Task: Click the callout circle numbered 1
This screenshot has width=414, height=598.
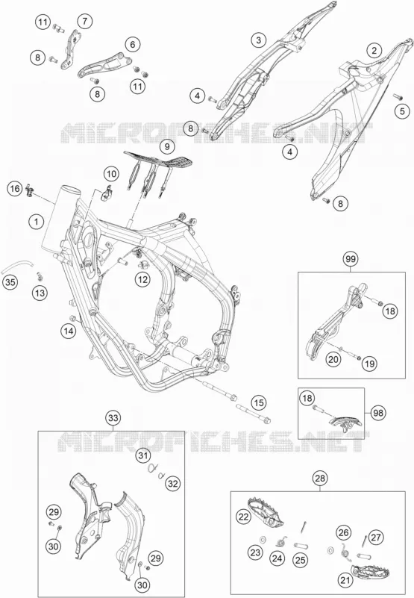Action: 37,222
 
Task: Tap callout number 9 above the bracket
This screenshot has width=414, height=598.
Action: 167,146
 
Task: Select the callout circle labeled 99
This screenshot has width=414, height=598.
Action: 351,259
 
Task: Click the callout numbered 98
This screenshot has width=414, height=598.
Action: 378,412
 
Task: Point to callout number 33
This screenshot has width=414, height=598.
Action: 113,418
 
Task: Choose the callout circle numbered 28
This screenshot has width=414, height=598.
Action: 320,478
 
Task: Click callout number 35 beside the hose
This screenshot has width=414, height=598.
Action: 11,283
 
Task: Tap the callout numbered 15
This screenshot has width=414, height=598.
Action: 258,402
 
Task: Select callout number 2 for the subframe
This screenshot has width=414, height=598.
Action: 374,50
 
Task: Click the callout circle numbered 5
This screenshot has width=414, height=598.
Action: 402,111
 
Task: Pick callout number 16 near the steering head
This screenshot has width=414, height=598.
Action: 15,189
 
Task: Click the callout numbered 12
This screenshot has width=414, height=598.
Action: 142,279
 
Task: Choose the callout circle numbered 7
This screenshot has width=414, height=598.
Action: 84,21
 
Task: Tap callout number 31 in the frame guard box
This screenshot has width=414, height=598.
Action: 142,455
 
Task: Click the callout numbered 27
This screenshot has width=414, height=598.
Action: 376,538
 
